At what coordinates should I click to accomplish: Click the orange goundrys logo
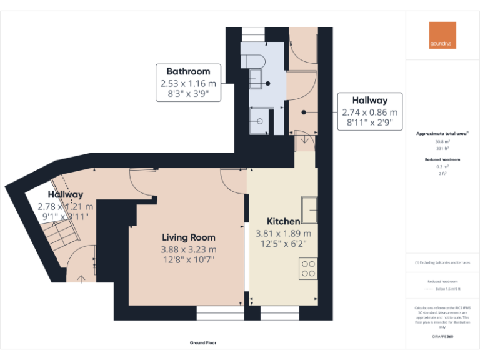[x=442, y=36]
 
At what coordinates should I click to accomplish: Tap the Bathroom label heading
[x=188, y=71]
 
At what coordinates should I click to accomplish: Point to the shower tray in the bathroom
[x=257, y=122]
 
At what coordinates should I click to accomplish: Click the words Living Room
[x=189, y=237]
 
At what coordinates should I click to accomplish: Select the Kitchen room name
[x=283, y=221]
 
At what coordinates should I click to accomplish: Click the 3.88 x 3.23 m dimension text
[x=189, y=248]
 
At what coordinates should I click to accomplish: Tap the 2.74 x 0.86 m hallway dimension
[x=369, y=112]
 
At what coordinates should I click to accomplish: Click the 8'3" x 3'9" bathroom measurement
[x=188, y=94]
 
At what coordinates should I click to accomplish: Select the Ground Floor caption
[x=202, y=343]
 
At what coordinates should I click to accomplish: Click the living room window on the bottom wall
[x=220, y=312]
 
